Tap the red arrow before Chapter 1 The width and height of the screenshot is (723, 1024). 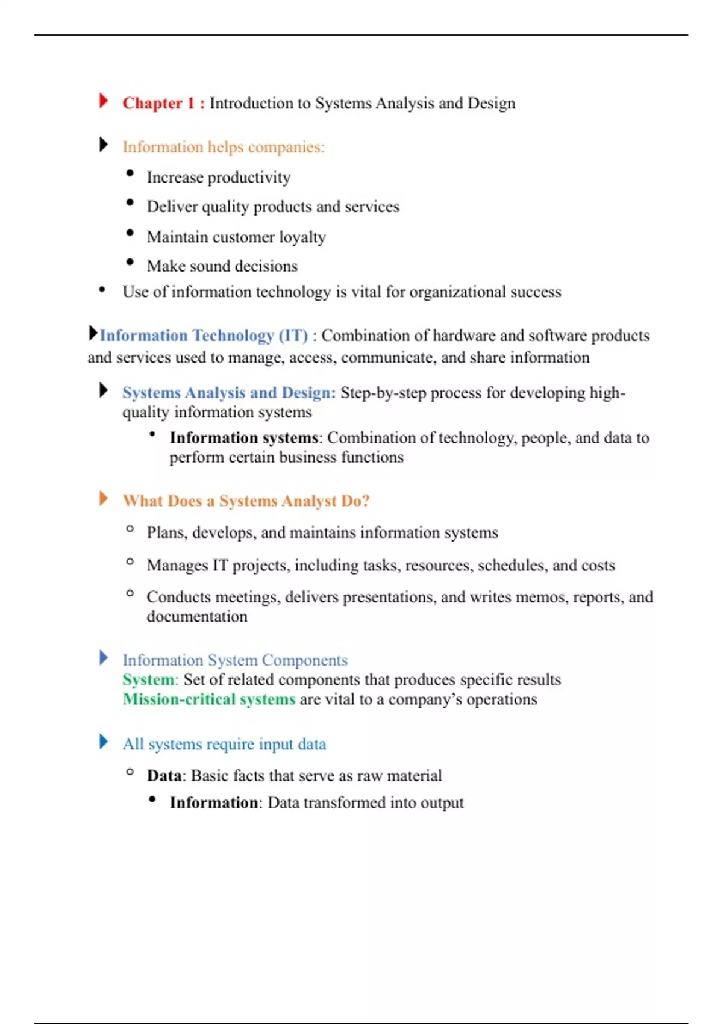pos(104,101)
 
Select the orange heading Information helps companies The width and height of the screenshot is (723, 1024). pos(223,147)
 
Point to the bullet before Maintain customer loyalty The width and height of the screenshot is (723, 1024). pos(130,233)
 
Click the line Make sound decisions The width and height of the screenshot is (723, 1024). pos(222,266)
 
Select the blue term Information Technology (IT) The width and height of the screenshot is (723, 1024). pos(204,336)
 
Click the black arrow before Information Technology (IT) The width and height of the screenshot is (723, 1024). pos(93,332)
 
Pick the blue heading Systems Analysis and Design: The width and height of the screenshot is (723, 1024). pos(229,393)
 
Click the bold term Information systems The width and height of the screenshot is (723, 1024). pos(243,438)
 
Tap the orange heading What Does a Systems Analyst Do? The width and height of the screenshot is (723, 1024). pos(246,501)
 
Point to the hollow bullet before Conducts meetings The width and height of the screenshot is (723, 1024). pos(130,593)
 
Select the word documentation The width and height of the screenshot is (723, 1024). pos(197,617)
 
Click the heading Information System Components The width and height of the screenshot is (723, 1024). pos(235,660)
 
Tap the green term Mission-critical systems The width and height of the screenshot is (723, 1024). pos(208,699)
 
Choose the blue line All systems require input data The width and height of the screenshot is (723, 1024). pos(224,745)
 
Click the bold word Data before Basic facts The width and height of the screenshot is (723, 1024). pos(164,776)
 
